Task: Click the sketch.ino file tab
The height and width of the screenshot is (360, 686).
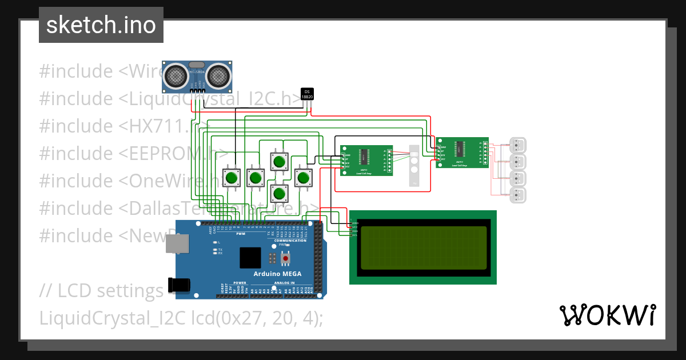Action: coord(101,25)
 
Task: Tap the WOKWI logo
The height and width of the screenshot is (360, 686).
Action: coord(607,315)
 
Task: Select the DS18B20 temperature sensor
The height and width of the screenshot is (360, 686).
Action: coord(307,94)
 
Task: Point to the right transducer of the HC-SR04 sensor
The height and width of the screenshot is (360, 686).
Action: coord(218,75)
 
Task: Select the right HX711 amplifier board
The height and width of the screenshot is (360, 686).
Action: coord(461,153)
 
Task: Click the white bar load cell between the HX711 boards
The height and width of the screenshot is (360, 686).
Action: coord(413,166)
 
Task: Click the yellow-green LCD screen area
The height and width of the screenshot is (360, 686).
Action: coord(422,247)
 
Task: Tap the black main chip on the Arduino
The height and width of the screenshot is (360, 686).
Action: coord(250,258)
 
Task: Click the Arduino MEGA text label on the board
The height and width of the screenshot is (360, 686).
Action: coord(278,274)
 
